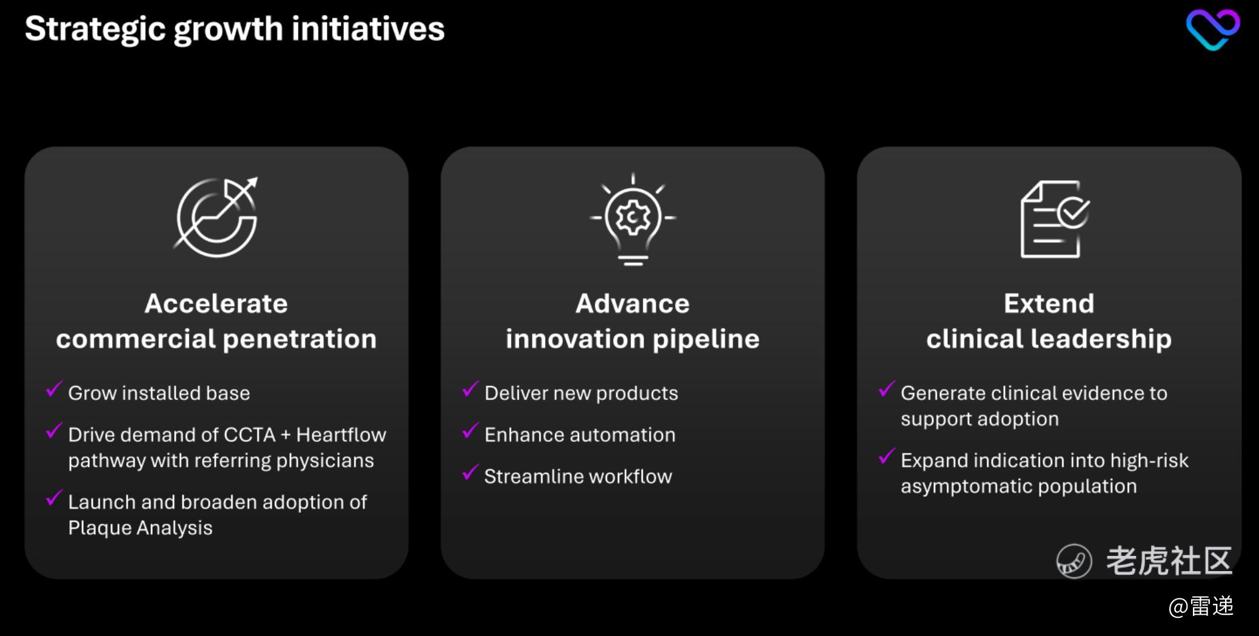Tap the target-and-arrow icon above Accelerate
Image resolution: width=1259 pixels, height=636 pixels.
(217, 217)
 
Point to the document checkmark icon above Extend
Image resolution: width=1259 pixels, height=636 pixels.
(1055, 219)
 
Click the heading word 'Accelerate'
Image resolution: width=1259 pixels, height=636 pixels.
(216, 303)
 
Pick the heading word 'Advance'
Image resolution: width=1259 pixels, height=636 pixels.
(633, 303)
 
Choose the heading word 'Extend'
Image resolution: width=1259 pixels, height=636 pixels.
(1049, 303)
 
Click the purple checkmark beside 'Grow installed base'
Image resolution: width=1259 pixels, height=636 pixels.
(54, 389)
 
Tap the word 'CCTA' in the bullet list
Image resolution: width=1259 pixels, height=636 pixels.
(249, 435)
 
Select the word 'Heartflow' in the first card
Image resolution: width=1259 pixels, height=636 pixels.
(341, 435)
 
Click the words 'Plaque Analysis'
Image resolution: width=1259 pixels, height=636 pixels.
(140, 528)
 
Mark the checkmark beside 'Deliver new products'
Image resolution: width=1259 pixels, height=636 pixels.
(470, 389)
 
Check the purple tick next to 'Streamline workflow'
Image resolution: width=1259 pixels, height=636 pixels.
(470, 472)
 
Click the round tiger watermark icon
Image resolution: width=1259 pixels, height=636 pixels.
(1074, 561)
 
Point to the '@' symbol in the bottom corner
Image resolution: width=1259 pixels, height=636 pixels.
(1178, 607)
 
